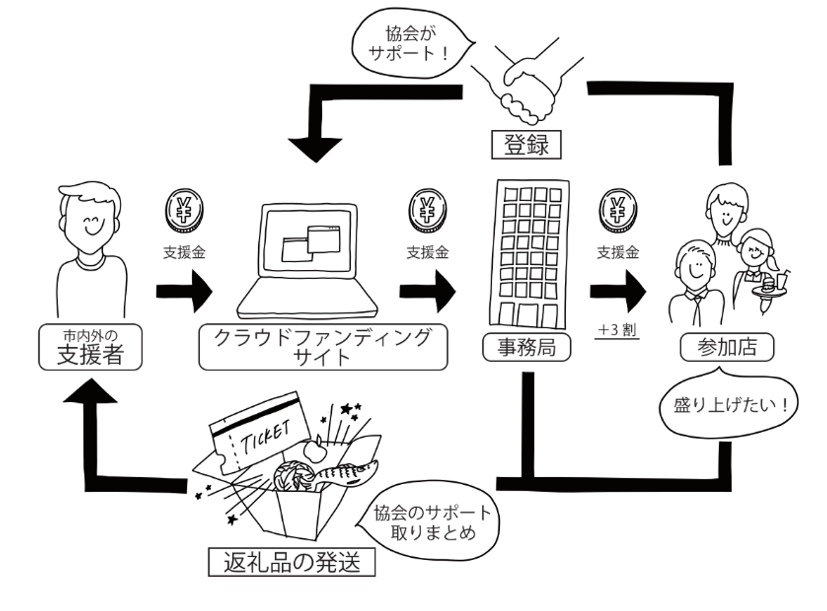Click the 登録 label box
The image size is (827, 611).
pos(526,145)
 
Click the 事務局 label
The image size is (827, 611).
pos(526,347)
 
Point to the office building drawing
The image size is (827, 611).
pos(528,254)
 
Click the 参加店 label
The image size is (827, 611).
pos(726,347)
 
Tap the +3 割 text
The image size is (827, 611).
pos(617,330)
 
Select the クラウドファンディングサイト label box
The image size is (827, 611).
pos(323,347)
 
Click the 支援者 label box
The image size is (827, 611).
pos(90,347)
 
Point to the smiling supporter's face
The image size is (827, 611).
pos(91,220)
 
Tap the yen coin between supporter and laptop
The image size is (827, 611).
pos(184,210)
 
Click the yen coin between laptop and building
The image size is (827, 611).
pos(427,210)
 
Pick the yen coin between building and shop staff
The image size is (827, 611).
pos(617,210)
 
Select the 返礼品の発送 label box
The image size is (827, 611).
pos(292,562)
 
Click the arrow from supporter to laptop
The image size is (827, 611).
pos(184,291)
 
